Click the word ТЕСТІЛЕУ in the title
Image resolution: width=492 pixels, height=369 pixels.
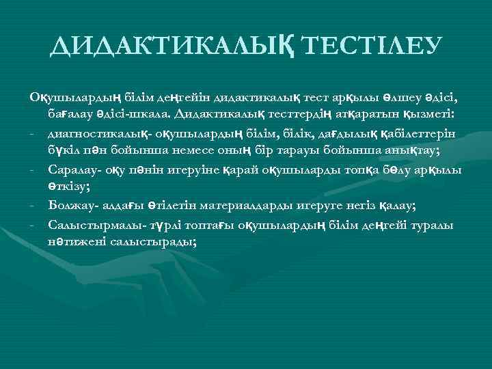tap(371, 46)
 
